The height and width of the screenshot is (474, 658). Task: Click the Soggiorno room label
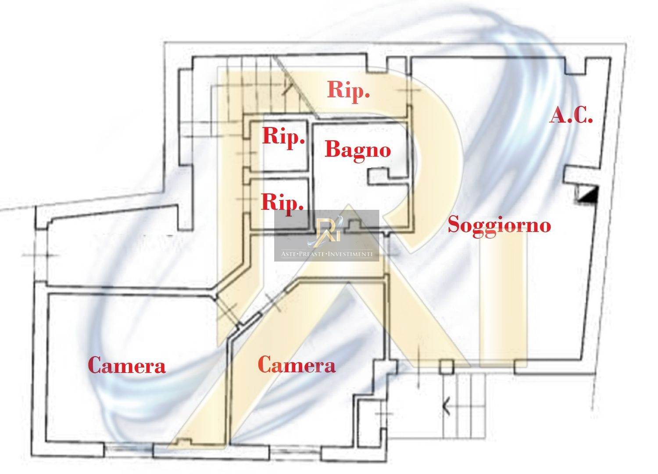499,225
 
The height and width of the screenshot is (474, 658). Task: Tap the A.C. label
571,116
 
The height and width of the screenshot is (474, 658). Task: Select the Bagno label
358,150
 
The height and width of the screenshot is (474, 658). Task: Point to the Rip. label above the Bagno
348,90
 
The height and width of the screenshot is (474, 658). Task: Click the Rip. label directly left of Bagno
283,136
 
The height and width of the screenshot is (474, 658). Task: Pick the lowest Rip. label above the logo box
283,203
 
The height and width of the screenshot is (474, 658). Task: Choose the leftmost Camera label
127,366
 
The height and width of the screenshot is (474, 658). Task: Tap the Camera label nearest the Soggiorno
297,365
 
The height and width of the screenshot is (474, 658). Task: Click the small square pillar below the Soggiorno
446,367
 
